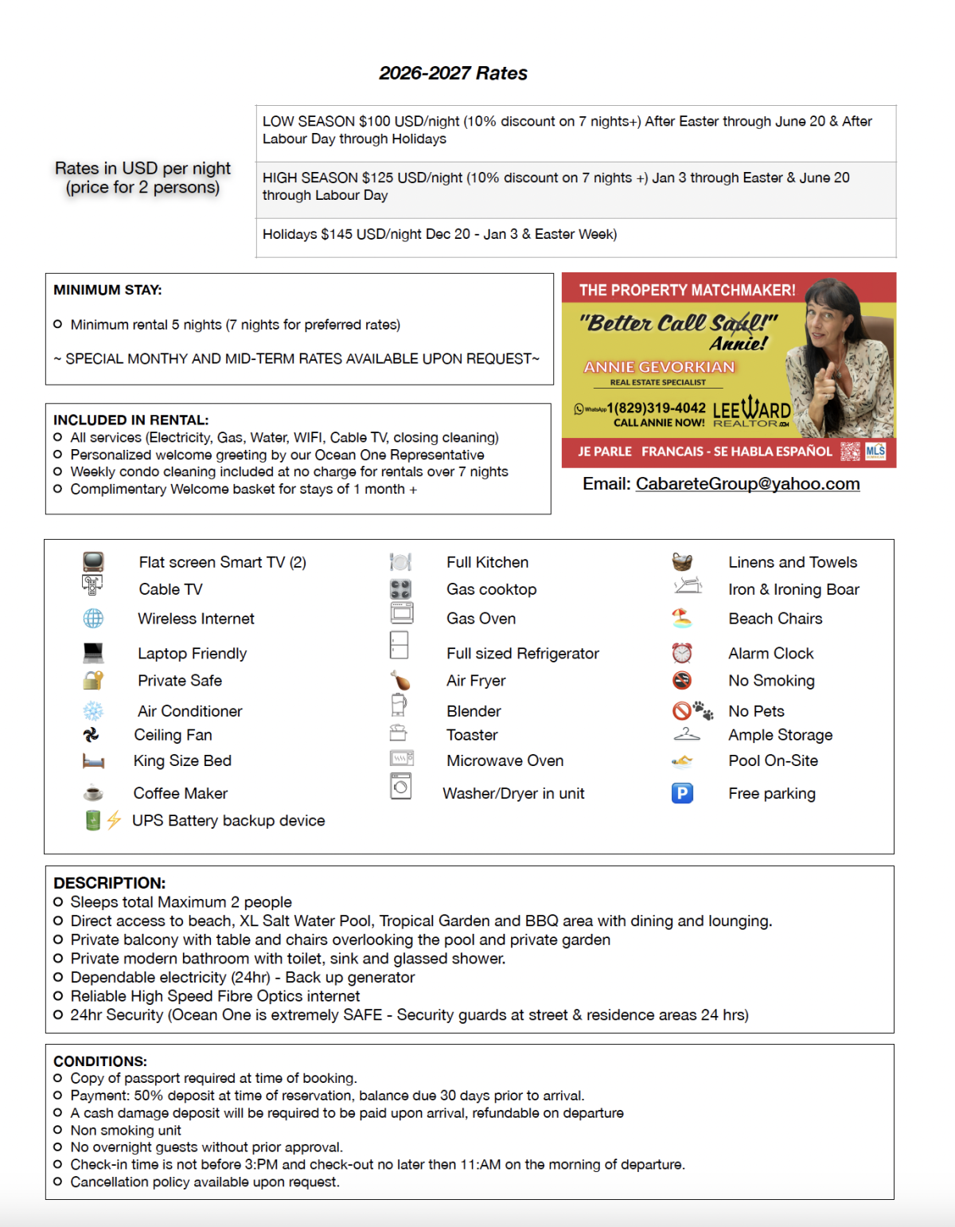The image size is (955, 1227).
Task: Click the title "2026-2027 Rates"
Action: point(453,73)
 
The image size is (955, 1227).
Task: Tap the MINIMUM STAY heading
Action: point(107,290)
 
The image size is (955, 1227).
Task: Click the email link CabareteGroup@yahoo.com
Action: point(747,484)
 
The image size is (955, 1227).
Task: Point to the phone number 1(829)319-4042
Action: point(656,408)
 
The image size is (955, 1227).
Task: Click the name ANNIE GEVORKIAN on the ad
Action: point(659,367)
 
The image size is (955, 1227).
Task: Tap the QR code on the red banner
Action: point(850,451)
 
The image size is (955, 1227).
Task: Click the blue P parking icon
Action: point(682,793)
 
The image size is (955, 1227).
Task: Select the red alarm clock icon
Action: point(682,653)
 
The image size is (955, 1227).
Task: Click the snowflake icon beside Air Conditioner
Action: point(93,711)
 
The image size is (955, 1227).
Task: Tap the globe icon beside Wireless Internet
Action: point(93,618)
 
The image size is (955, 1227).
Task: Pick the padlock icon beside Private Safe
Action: point(93,680)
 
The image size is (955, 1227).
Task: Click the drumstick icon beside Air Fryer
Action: point(400,681)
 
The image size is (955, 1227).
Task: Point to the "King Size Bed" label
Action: point(182,760)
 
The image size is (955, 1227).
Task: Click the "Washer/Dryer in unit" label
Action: point(513,793)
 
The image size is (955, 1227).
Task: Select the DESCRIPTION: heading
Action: point(109,883)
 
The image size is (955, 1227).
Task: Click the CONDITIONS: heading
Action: point(100,1061)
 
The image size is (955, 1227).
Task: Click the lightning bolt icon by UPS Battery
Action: point(114,820)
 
